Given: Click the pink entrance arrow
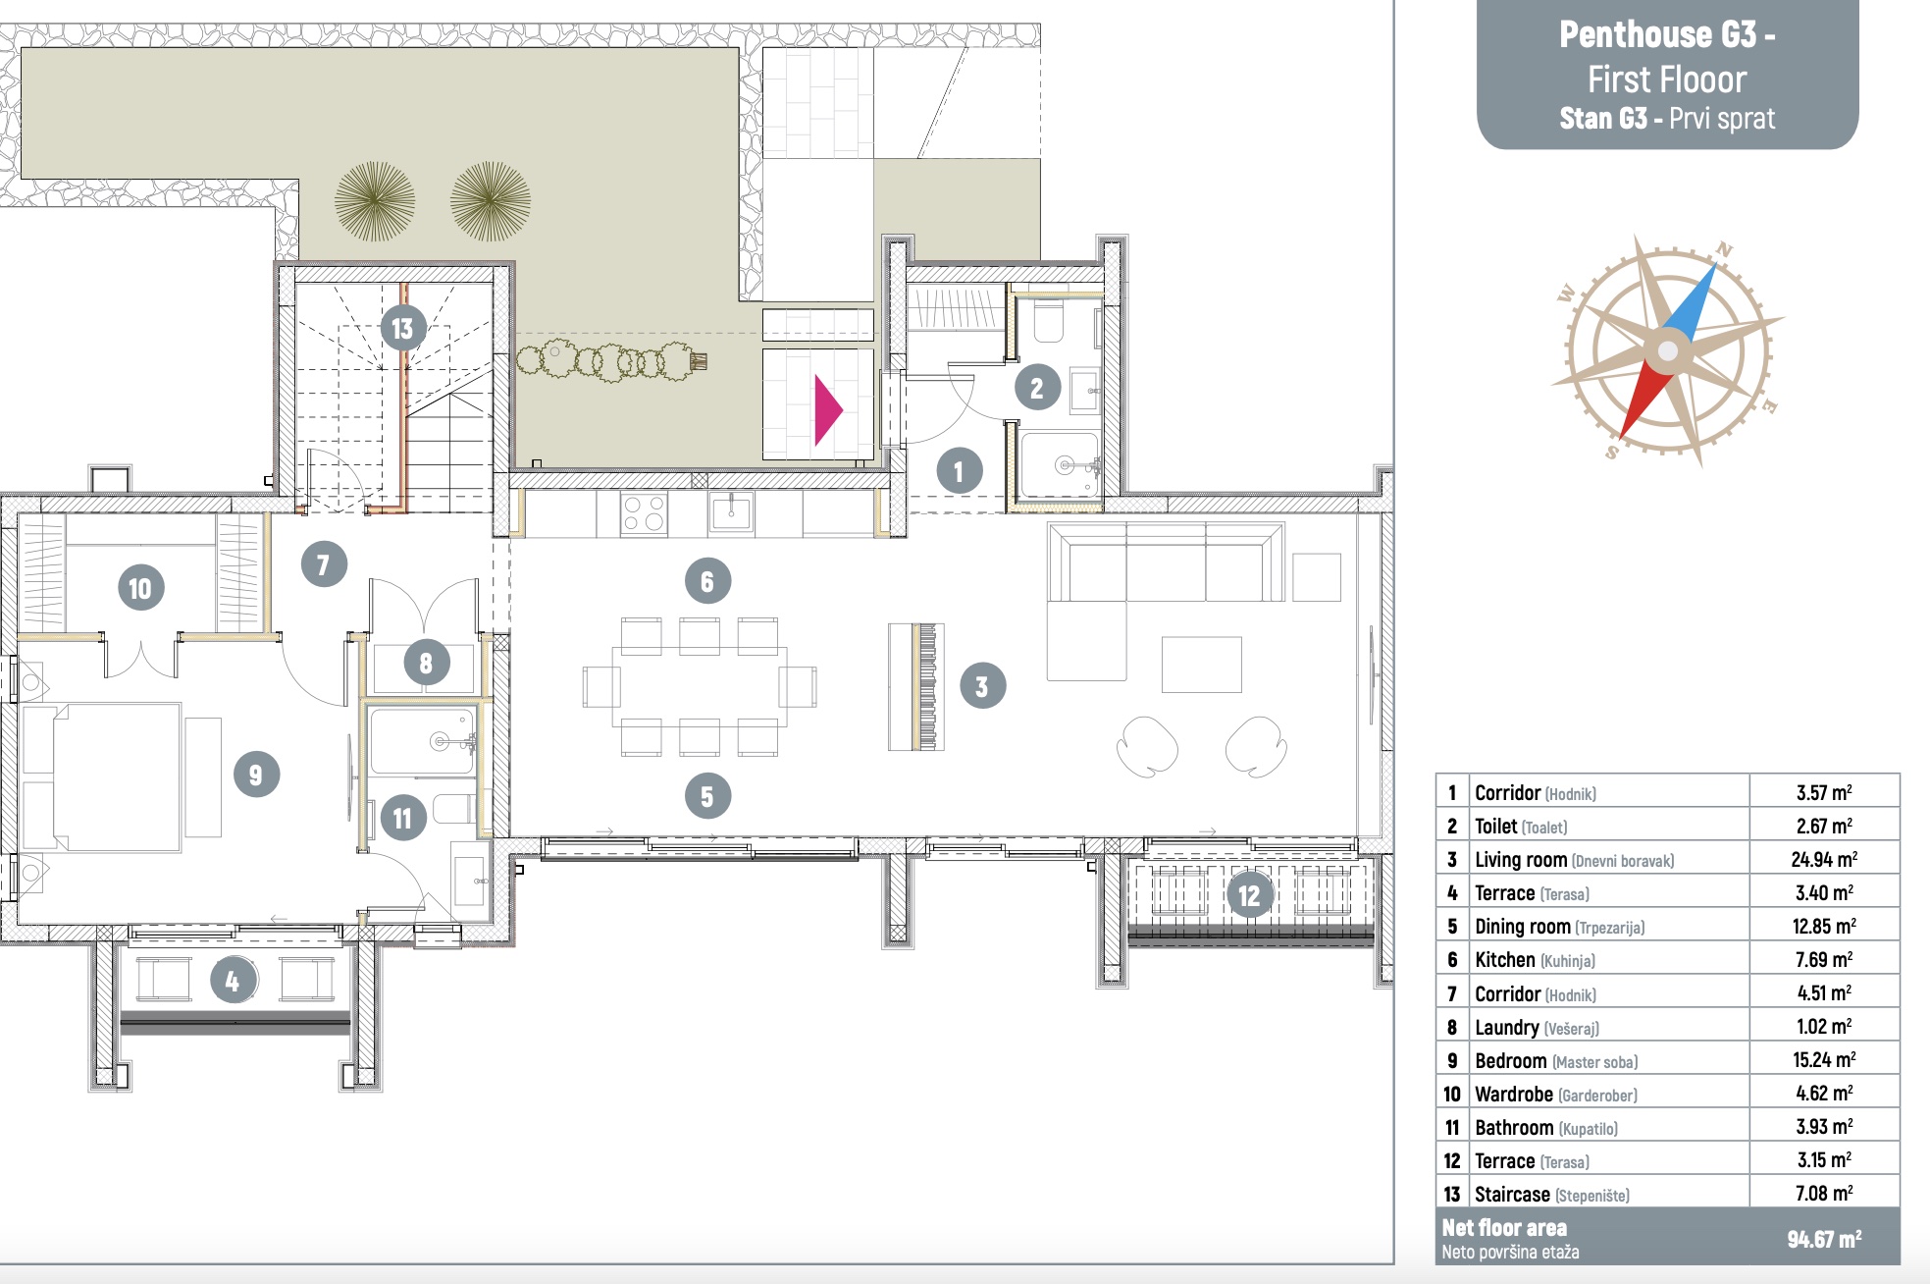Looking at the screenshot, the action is [827, 410].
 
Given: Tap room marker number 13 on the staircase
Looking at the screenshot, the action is [403, 328].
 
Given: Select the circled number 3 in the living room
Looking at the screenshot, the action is [982, 685].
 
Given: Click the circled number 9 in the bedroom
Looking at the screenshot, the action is [256, 774].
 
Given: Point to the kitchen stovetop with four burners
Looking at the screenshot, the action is [644, 513].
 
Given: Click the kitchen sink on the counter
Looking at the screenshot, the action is [731, 511].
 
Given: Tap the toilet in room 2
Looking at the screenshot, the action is [1048, 321].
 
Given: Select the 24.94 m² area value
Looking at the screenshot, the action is [1824, 859].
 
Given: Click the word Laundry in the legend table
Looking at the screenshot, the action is [1506, 1027].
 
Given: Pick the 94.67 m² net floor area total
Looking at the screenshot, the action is [1824, 1239].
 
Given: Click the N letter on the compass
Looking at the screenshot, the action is [1724, 250].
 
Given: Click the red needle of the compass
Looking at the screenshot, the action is [1643, 400].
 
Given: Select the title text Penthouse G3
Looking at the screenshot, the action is [1667, 34].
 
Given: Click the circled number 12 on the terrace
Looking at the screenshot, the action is [1249, 894].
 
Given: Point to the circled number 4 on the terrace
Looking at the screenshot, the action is [233, 980].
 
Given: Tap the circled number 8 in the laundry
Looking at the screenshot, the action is [426, 663].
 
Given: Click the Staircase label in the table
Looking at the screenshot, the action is [1512, 1194].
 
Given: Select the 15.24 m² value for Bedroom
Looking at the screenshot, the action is [1824, 1059].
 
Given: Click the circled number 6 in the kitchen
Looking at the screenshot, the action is [707, 581].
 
